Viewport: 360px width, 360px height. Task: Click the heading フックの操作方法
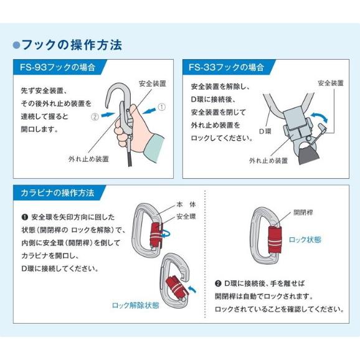(x=72, y=45)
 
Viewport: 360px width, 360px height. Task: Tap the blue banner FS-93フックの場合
(x=60, y=67)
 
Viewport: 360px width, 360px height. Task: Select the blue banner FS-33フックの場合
(x=229, y=67)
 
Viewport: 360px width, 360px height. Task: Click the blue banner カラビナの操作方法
(x=59, y=192)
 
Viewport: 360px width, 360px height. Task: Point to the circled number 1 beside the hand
(x=162, y=107)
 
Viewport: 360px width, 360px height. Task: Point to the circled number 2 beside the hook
(x=95, y=117)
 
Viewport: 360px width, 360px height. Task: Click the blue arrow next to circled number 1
(x=149, y=110)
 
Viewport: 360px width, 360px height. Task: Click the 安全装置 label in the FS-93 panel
(x=153, y=83)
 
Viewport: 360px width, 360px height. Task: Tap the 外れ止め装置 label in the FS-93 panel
(x=88, y=159)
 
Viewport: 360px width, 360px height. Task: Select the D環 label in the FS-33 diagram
(x=265, y=131)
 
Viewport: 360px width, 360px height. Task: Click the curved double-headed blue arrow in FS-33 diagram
(x=319, y=116)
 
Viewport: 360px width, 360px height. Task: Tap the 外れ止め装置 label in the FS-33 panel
(x=268, y=161)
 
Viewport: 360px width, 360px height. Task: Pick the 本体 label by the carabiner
(x=186, y=204)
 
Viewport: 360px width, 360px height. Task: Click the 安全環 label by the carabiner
(x=186, y=216)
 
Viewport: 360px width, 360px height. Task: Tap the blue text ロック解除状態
(x=135, y=305)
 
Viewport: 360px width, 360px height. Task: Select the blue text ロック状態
(x=305, y=240)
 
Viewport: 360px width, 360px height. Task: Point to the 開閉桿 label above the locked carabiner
(x=303, y=212)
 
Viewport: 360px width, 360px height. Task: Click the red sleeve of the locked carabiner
(x=275, y=239)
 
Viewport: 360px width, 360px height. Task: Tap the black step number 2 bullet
(x=218, y=283)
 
